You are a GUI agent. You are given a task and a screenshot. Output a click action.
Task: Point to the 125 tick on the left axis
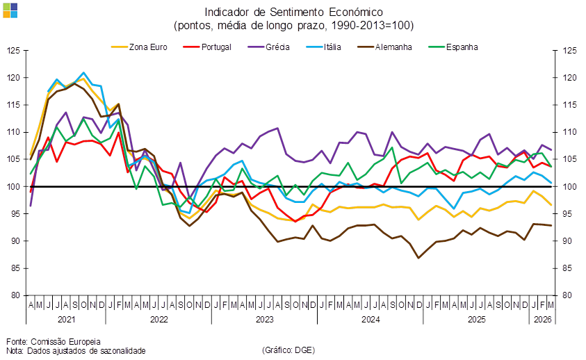coord(14,51)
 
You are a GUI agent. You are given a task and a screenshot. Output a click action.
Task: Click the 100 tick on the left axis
coord(14,186)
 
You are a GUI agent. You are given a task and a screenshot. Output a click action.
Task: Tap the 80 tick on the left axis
coord(14,295)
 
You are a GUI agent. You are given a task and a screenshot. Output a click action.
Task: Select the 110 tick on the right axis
coord(568,132)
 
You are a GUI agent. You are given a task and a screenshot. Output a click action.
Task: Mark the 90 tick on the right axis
coord(568,240)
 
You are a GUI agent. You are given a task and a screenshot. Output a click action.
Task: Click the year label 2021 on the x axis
coord(66,319)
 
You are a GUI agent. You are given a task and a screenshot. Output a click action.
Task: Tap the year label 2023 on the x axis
coord(264,319)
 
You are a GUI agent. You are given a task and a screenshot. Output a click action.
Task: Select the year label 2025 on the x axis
coord(475,319)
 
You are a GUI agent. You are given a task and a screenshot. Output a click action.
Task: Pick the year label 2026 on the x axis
coord(542,319)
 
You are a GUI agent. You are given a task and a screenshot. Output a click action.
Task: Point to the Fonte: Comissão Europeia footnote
coord(54,341)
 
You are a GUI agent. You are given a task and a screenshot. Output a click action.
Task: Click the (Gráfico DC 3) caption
coord(288,350)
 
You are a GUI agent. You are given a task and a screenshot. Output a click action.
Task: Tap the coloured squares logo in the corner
coord(10,10)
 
